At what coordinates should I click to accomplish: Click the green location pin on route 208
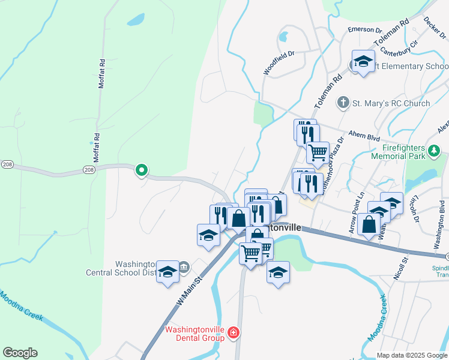[x=142, y=171]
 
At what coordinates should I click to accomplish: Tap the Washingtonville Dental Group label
[x=194, y=334]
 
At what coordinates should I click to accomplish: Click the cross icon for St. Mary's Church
[x=343, y=103]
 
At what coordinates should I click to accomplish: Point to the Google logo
[x=20, y=353]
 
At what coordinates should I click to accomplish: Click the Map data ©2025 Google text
[x=412, y=355]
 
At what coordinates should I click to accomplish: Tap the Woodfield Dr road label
[x=279, y=62]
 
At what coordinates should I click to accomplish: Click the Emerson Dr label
[x=366, y=29]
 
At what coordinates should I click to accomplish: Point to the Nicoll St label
[x=404, y=266]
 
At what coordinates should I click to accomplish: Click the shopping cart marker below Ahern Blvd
[x=318, y=152]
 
